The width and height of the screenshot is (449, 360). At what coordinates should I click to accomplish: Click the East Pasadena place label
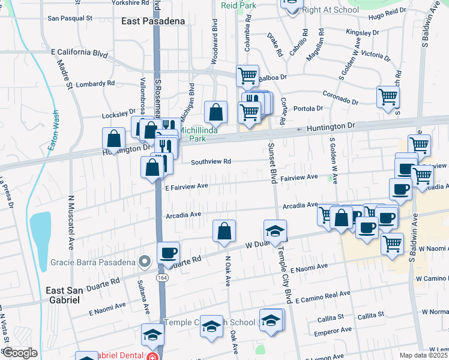[152, 21]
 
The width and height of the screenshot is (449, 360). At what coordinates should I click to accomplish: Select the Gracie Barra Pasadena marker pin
[143, 261]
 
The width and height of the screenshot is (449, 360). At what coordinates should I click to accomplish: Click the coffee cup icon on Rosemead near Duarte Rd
[168, 252]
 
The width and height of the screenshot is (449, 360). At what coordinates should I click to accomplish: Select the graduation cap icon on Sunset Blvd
[275, 231]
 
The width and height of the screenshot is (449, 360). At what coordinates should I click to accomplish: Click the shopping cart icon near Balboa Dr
[247, 76]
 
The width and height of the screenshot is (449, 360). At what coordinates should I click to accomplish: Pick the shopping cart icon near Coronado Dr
[388, 96]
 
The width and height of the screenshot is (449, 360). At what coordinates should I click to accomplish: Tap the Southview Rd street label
[211, 161]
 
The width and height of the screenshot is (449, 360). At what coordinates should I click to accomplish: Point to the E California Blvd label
[79, 53]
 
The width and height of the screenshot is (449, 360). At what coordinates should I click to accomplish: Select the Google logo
[20, 353]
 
